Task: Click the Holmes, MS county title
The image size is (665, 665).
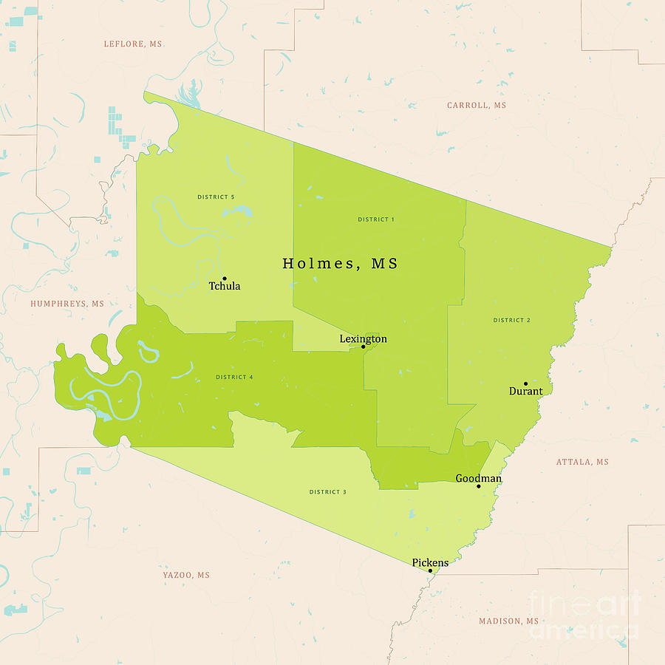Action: coord(340,264)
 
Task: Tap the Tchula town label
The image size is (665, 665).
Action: coord(225,286)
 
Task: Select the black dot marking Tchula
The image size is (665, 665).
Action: coord(224,279)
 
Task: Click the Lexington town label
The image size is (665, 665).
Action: coord(363,338)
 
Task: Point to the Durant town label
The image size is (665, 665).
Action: coord(525,391)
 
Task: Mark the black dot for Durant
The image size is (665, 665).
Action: coord(525,383)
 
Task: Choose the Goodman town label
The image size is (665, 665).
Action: coord(478,478)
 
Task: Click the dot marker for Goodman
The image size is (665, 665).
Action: coord(479,486)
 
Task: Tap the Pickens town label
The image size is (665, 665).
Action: coord(430,562)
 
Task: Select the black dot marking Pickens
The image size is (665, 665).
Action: coord(430,570)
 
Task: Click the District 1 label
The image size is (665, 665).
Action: coord(376,219)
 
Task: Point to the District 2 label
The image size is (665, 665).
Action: coord(512,320)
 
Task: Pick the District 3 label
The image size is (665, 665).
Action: coord(328,491)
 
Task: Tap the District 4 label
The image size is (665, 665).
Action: coord(234,377)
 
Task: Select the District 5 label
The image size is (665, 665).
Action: coord(216,197)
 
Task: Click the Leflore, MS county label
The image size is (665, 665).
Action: coord(133,44)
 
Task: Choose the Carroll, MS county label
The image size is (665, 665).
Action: coord(477,106)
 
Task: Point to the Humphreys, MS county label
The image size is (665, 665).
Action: coord(67,304)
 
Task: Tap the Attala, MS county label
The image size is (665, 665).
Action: coord(582,462)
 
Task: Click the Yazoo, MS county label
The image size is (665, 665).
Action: coord(186,575)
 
